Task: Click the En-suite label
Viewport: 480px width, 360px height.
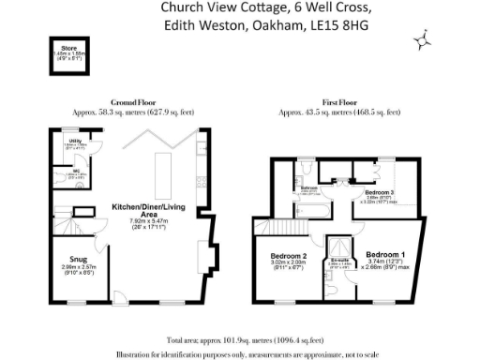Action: (339, 262)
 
